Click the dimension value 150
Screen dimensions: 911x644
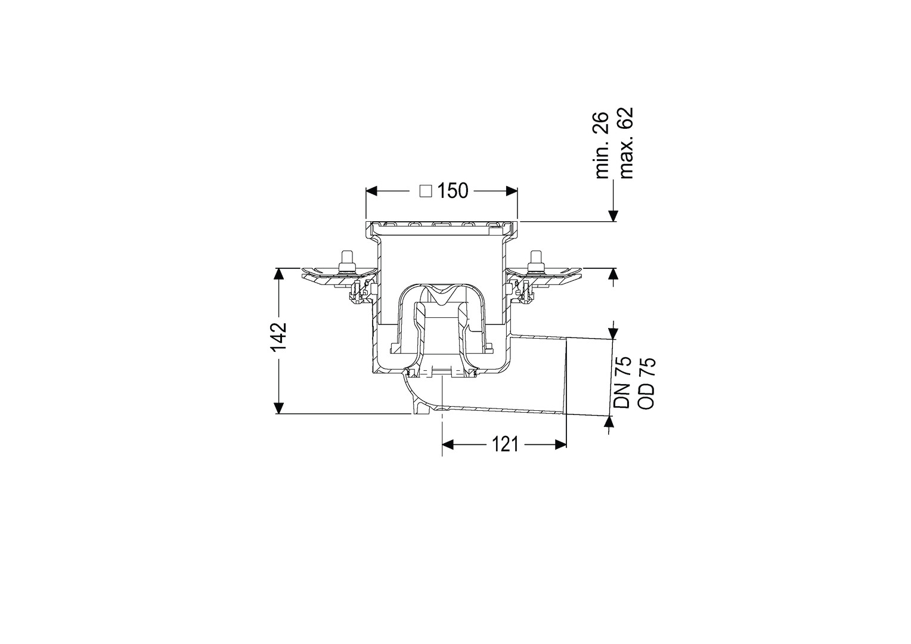(453, 191)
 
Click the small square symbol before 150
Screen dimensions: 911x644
(426, 191)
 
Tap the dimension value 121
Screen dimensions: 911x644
(505, 444)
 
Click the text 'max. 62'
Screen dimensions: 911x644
(625, 143)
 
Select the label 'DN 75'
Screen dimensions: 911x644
(622, 382)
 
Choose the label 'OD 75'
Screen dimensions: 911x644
(647, 383)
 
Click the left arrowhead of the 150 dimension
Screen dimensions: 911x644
(372, 191)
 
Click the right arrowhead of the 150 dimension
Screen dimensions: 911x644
(511, 191)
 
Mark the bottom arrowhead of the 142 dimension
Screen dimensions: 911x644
(278, 407)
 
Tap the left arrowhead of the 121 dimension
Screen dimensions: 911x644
(448, 445)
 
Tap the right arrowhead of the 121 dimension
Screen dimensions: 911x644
(560, 445)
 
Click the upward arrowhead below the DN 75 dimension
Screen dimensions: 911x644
(609, 422)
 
